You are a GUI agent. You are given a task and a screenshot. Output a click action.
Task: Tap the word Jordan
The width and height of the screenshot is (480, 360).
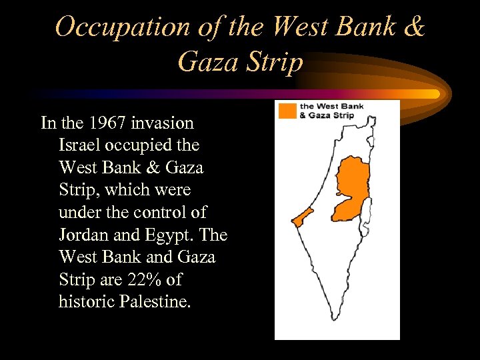pos(83,235)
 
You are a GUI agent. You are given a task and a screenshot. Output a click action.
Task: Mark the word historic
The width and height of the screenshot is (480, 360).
pos(87,301)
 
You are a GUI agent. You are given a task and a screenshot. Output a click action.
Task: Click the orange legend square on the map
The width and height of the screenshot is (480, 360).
pos(287,111)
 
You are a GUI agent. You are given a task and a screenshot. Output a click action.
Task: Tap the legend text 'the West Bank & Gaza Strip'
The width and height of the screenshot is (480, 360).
pos(326,111)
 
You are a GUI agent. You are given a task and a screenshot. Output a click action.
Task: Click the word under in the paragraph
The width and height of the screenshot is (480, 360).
pos(80,213)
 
